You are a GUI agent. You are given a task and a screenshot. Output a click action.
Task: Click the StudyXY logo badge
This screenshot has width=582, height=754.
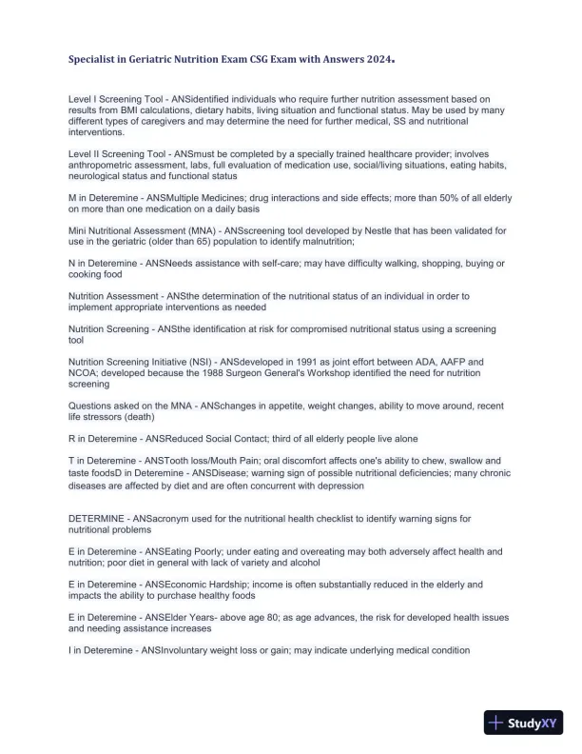click(x=525, y=724)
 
